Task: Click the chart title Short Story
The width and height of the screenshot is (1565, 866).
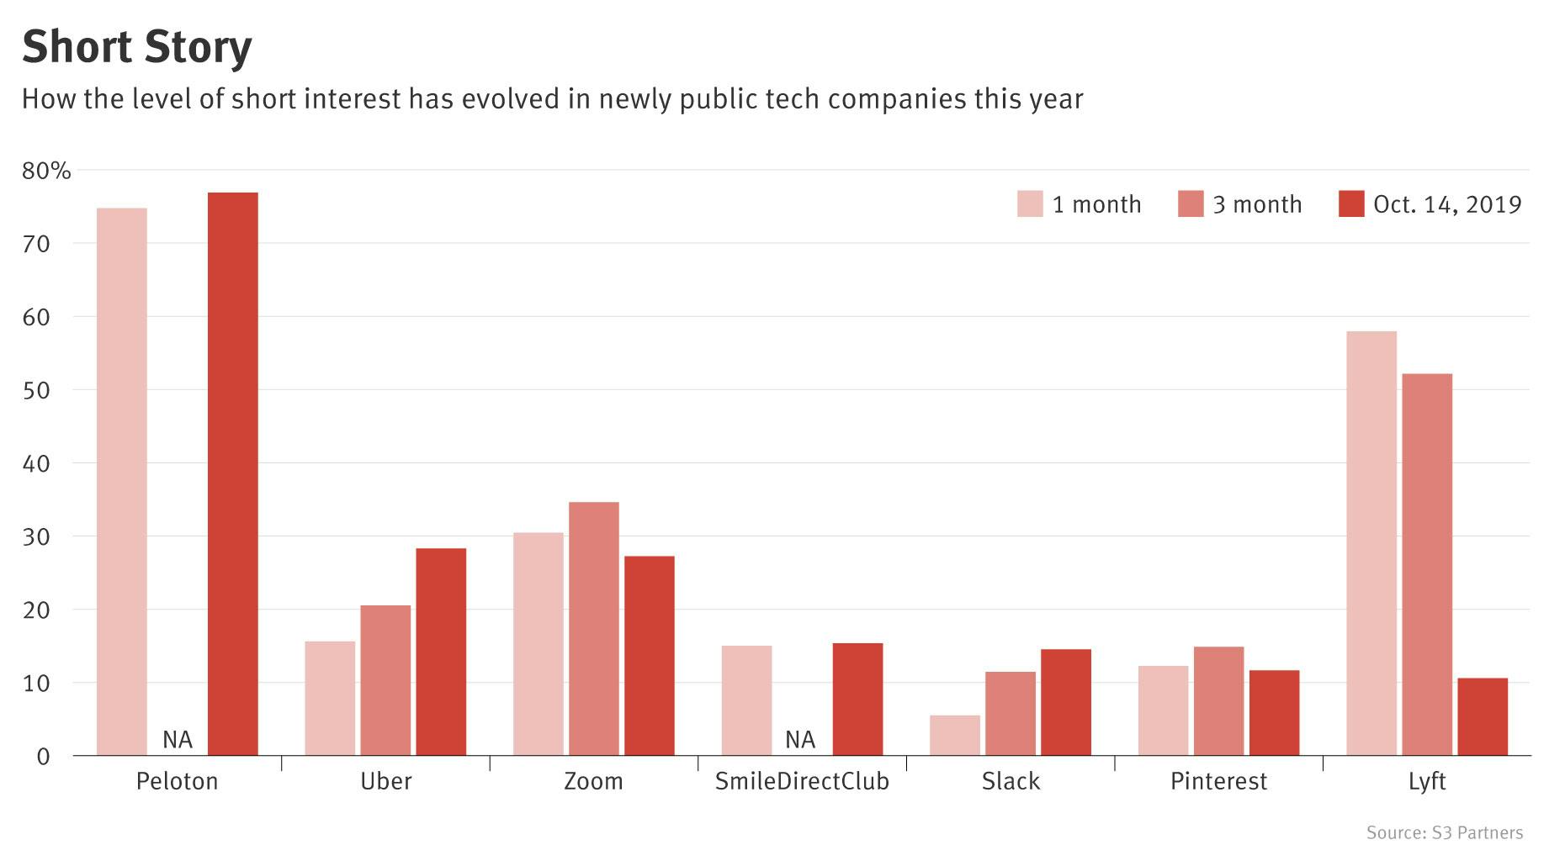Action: [x=136, y=47]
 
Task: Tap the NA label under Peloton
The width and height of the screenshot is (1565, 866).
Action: [x=178, y=740]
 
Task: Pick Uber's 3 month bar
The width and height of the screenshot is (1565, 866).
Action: [x=385, y=680]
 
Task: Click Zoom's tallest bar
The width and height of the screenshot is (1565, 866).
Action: [x=593, y=629]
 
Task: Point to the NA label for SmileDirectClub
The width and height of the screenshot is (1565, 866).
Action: [x=800, y=740]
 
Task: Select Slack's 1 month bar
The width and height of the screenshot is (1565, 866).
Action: [x=955, y=735]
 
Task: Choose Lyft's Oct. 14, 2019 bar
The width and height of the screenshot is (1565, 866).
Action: [x=1483, y=716]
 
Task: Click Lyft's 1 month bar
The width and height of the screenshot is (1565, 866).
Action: [x=1371, y=543]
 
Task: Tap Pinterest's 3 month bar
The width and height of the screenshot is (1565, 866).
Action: [x=1218, y=700]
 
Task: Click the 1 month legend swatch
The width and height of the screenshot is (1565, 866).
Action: [x=1030, y=204]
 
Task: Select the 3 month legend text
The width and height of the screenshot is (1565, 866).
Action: [x=1257, y=204]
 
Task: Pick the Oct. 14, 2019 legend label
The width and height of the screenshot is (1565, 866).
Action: [x=1447, y=204]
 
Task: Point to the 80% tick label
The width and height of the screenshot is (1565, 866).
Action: [x=47, y=171]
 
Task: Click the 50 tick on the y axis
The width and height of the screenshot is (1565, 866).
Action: [x=37, y=390]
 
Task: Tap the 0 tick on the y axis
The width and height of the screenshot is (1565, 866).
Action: [x=43, y=757]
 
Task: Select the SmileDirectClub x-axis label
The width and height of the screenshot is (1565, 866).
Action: [x=802, y=782]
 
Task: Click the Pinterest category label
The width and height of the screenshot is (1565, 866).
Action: [x=1218, y=782]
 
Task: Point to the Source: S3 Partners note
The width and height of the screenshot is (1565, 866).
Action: [x=1445, y=833]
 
